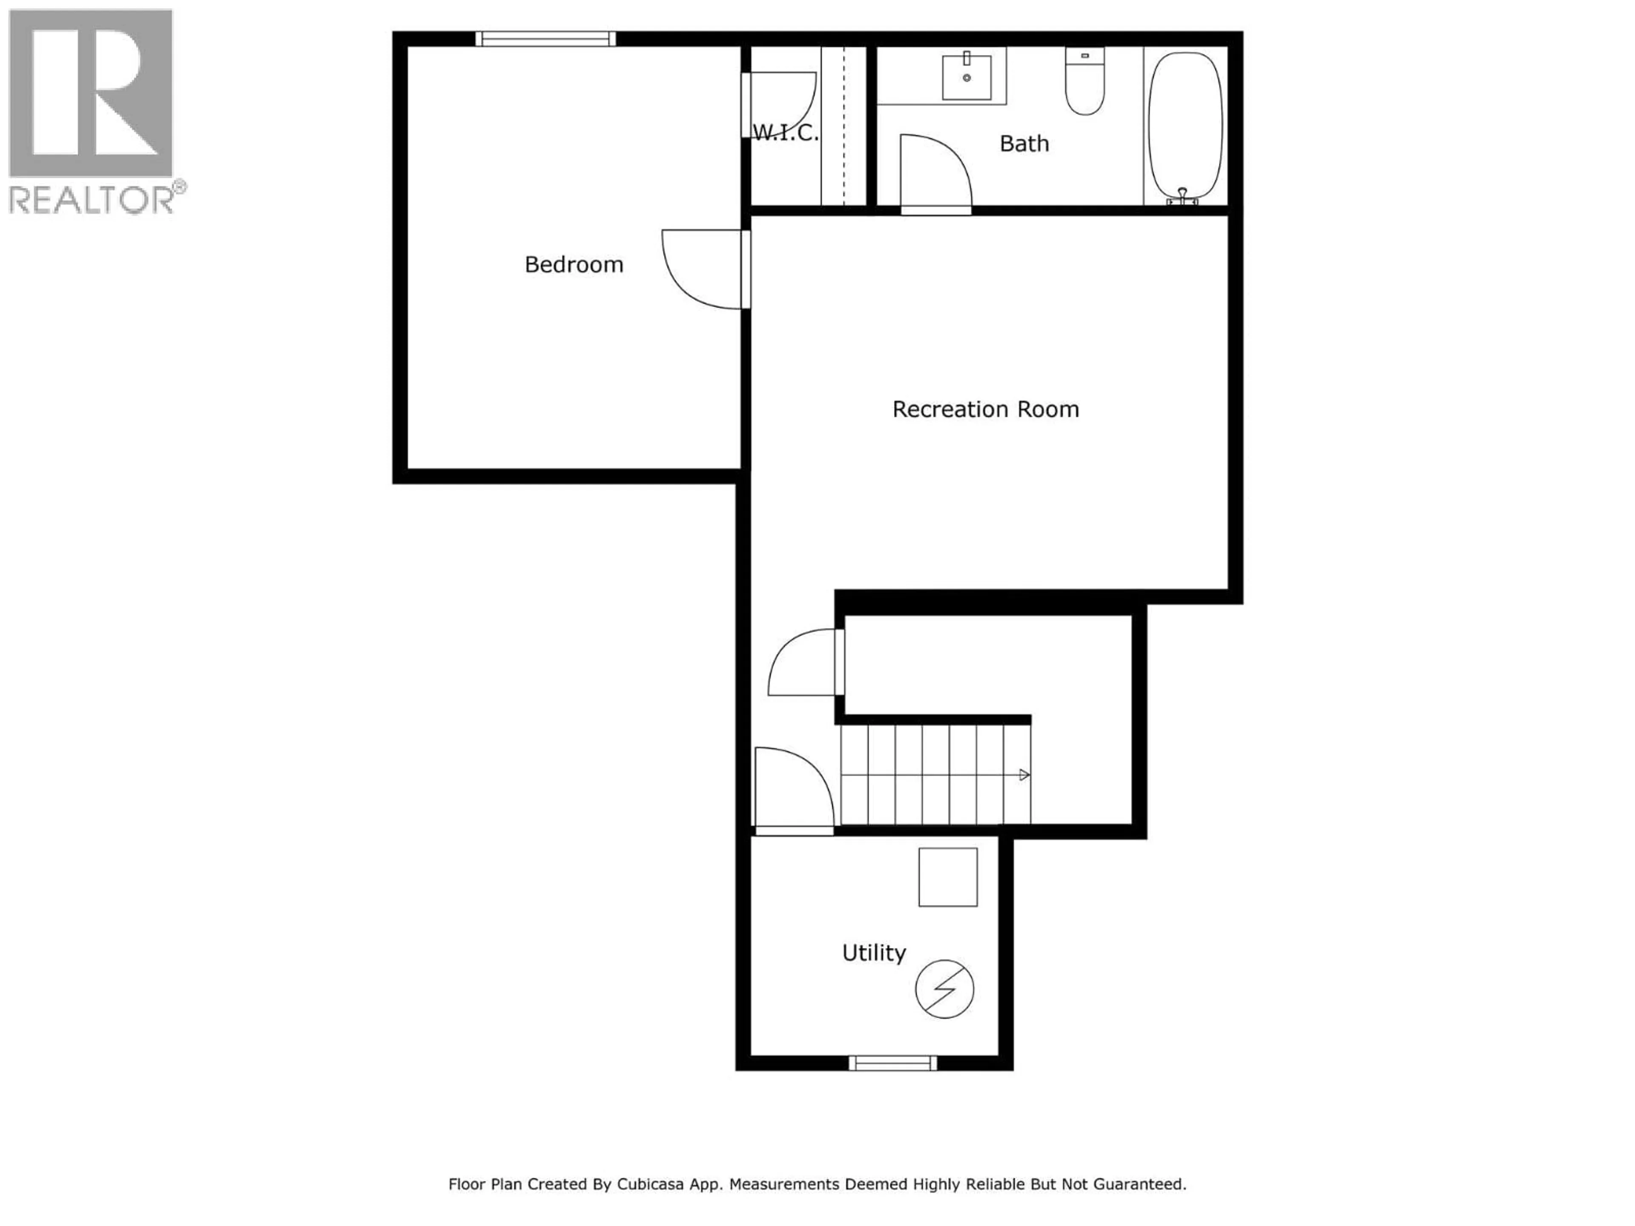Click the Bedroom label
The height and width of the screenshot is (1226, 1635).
574,264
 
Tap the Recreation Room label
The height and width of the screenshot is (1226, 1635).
985,410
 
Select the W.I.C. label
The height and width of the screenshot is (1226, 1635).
785,133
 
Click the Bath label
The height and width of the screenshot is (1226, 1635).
1024,143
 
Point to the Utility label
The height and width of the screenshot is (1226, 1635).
874,953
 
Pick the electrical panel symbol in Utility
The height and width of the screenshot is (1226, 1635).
944,989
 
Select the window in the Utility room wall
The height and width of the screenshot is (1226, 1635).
892,1063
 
